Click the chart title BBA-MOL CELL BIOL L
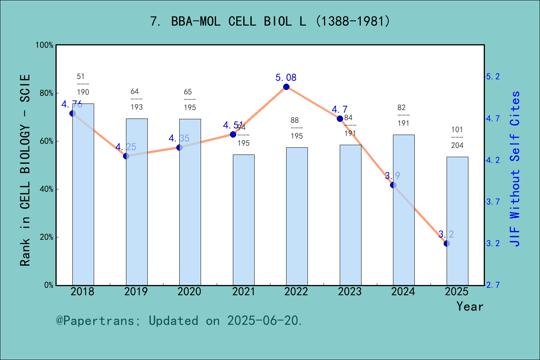pos(270,21)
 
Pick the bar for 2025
pos(457,221)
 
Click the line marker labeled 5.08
pos(286,87)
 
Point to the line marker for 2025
pos(447,244)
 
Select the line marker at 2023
pos(340,119)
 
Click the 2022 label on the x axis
pos(296,292)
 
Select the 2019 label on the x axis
pos(136,292)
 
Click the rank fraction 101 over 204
pos(457,138)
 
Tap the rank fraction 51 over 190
pos(83,84)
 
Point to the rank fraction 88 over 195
pos(297,128)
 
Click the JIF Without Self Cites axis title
pos(515,169)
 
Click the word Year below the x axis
pos(470,307)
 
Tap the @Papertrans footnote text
pos(179,321)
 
